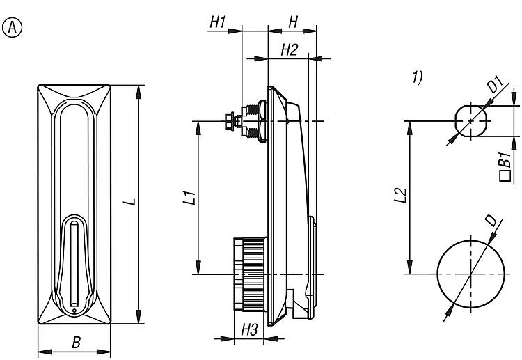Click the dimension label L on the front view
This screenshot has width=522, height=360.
(129, 202)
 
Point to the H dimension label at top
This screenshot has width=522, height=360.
(293, 22)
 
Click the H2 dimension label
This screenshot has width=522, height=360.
(289, 49)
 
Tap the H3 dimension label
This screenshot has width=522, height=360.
(250, 329)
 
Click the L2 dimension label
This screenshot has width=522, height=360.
(399, 196)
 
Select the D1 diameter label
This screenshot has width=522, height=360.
(493, 86)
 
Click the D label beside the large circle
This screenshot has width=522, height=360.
(491, 221)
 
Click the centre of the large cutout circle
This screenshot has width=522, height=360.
(471, 274)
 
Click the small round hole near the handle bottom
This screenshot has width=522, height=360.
(74, 304)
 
